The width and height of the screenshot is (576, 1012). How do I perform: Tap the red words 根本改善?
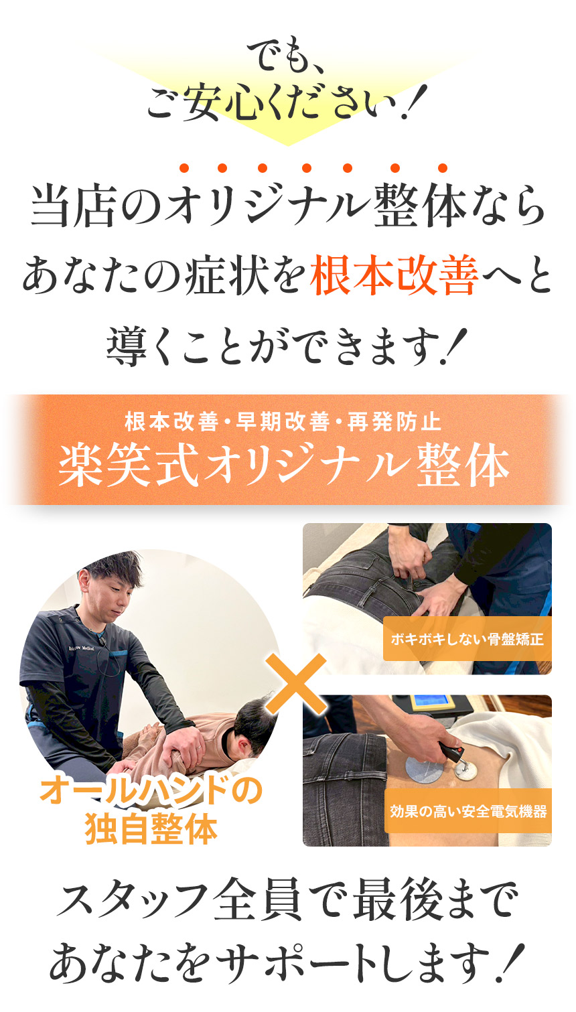click(x=393, y=276)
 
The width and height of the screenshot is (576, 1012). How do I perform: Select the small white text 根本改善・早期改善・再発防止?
click(x=283, y=422)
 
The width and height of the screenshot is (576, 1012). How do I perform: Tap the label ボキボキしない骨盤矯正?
click(x=467, y=639)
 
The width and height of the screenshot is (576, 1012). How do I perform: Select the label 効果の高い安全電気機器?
click(x=468, y=812)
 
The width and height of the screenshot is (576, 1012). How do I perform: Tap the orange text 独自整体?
click(x=151, y=828)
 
